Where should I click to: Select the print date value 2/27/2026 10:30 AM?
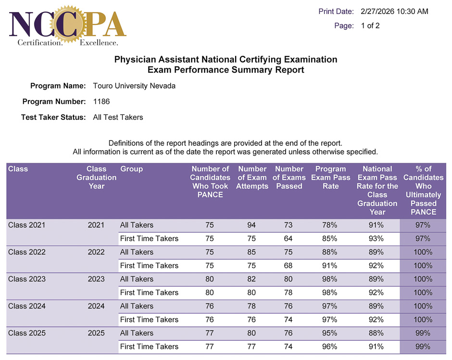[x=394, y=12]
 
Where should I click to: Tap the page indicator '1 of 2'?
[x=370, y=26]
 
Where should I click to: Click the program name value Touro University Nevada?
[x=134, y=86]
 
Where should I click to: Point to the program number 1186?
[x=101, y=102]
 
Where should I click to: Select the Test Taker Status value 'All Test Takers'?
[x=118, y=117]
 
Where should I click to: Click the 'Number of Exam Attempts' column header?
[x=252, y=178]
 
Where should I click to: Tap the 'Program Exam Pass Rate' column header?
[x=330, y=178]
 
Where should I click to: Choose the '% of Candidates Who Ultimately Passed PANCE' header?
[x=423, y=191]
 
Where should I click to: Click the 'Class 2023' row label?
[x=27, y=279]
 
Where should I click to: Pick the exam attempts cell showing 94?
[x=252, y=225]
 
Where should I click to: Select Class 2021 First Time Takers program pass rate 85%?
[x=330, y=239]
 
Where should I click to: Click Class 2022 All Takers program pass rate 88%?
[x=330, y=252]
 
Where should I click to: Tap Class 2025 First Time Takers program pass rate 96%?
[x=330, y=347]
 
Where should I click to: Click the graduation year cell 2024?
[x=96, y=306]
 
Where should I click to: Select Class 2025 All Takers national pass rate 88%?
[x=376, y=333]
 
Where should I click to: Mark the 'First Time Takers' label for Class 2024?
[x=149, y=320]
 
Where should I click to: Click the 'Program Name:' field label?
[x=58, y=86]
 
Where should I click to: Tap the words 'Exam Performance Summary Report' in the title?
[x=226, y=70]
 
